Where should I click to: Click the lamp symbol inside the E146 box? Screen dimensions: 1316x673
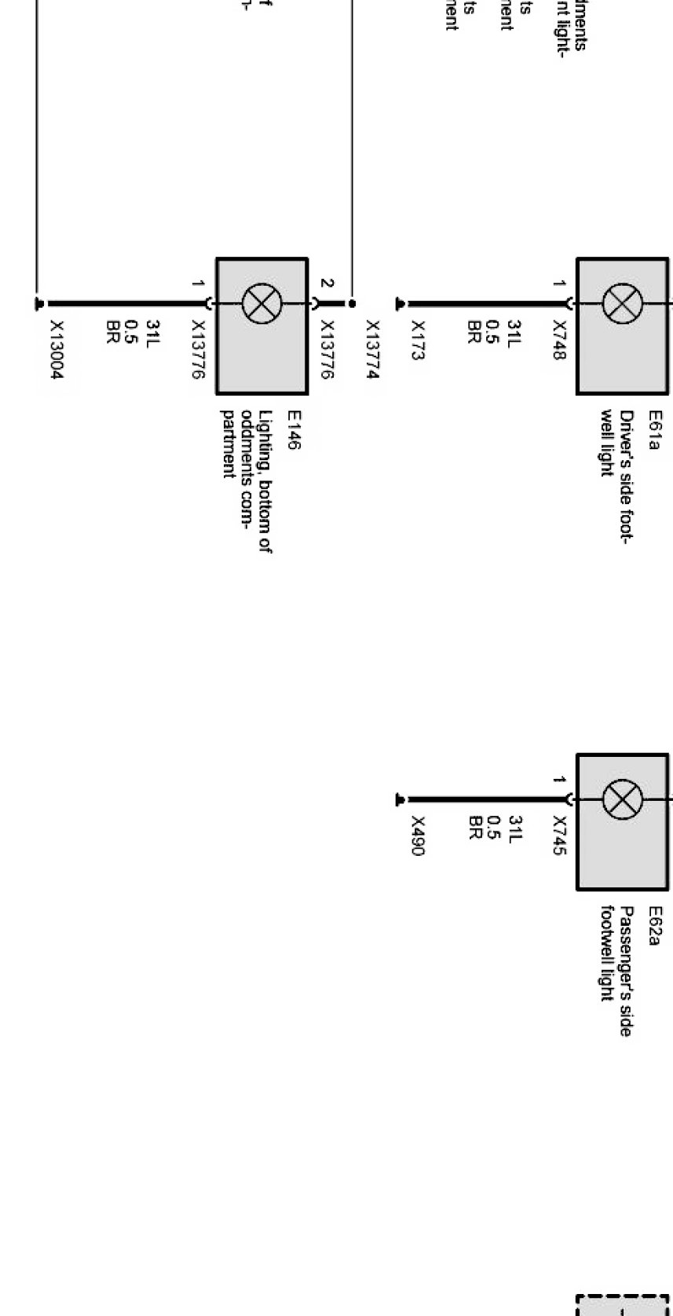(262, 304)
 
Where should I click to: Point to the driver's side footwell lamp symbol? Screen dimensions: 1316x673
(622, 303)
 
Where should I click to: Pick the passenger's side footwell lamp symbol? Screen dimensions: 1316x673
(622, 800)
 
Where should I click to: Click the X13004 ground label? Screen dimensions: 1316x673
(57, 350)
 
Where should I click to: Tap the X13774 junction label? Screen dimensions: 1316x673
(373, 350)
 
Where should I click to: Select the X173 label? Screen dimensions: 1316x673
(418, 341)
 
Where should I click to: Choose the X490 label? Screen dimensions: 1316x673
(418, 836)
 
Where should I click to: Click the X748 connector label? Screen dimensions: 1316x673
(559, 340)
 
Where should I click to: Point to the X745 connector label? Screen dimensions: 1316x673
(559, 836)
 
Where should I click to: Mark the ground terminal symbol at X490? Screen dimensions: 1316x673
(400, 800)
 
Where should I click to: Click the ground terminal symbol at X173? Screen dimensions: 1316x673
(400, 303)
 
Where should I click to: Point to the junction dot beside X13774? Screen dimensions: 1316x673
(352, 303)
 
